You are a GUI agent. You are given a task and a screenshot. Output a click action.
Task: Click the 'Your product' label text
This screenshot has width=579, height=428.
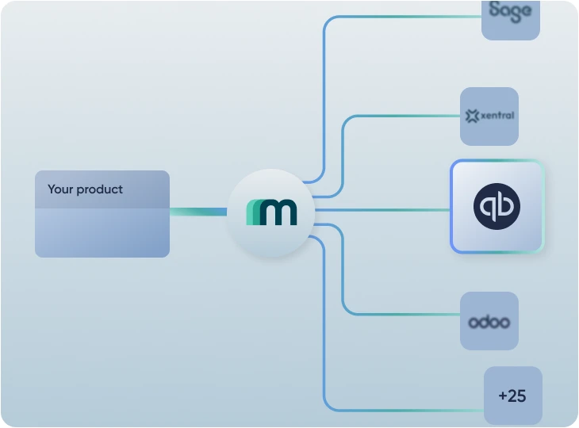85,189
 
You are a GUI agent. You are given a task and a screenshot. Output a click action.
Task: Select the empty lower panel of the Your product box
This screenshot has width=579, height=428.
102,232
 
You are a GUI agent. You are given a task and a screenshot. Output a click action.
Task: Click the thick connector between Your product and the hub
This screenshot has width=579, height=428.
198,212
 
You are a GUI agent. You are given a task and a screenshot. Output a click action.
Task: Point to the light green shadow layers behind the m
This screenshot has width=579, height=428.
252,212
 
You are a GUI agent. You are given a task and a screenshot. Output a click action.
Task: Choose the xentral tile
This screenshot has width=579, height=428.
489,117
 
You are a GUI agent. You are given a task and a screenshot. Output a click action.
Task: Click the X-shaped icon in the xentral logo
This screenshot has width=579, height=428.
473,117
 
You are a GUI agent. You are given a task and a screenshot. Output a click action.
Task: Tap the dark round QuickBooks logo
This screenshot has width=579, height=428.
497,207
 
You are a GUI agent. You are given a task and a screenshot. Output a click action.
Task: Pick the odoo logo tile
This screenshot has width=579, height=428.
489,321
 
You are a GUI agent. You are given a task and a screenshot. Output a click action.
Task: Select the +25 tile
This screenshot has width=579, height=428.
512,396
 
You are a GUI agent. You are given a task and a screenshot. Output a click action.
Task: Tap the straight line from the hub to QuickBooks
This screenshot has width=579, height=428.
381,210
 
